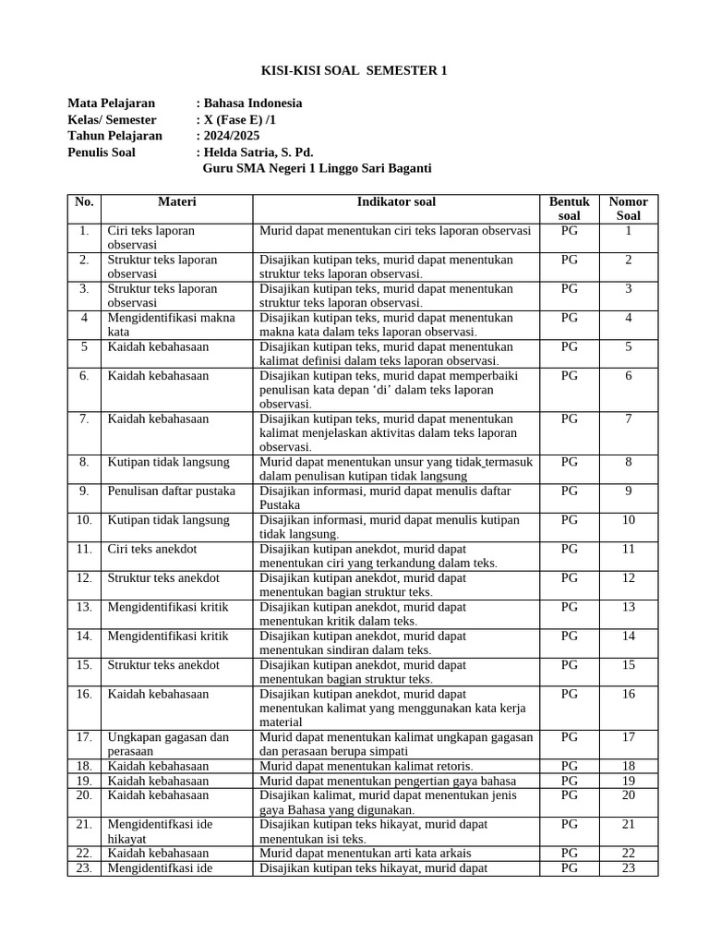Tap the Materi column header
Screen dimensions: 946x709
(176, 201)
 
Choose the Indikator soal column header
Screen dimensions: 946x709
(396, 201)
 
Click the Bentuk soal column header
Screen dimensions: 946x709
(569, 208)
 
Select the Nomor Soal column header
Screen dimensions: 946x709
(628, 208)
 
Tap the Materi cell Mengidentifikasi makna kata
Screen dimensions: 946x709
(171, 324)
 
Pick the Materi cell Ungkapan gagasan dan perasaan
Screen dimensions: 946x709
(168, 744)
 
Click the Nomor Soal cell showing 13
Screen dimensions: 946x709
(628, 607)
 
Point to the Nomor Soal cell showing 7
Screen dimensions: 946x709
(628, 418)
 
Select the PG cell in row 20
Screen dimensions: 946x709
(569, 795)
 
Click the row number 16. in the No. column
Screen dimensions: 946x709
(84, 694)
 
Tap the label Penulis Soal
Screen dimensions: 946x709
(102, 152)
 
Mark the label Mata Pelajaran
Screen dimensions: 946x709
(111, 103)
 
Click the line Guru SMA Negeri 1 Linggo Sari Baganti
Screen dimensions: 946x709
(316, 169)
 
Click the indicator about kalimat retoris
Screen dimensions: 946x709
(367, 766)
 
